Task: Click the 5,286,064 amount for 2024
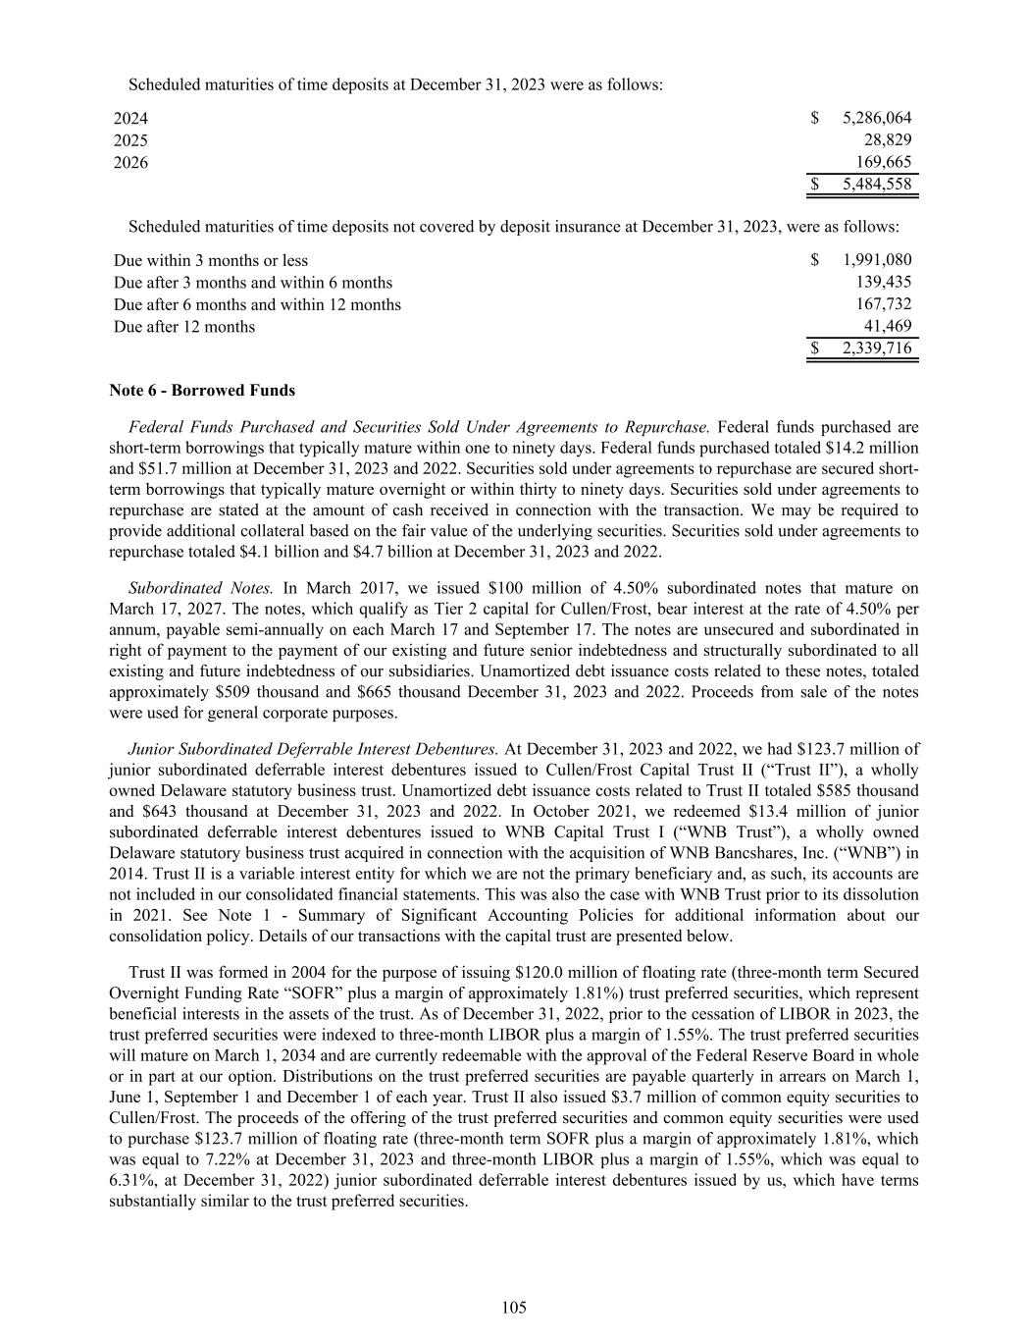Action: pyautogui.click(x=876, y=119)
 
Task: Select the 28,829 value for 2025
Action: pyautogui.click(x=887, y=140)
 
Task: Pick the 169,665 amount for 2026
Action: pyautogui.click(x=884, y=162)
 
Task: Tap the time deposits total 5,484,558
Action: pyautogui.click(x=876, y=185)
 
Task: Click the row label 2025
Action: pyautogui.click(x=130, y=140)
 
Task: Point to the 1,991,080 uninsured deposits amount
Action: pyautogui.click(x=876, y=260)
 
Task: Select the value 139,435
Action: pyautogui.click(x=884, y=282)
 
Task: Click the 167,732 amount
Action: pyautogui.click(x=884, y=304)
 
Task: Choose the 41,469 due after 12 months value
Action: pyautogui.click(x=887, y=326)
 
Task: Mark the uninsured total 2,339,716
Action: pyautogui.click(x=876, y=348)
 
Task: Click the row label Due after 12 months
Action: pyautogui.click(x=184, y=326)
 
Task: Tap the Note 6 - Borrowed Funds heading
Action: pyautogui.click(x=202, y=390)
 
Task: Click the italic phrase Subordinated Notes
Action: pyautogui.click(x=201, y=588)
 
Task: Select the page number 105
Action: pyautogui.click(x=514, y=1307)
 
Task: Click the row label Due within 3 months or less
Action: pyautogui.click(x=210, y=260)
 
